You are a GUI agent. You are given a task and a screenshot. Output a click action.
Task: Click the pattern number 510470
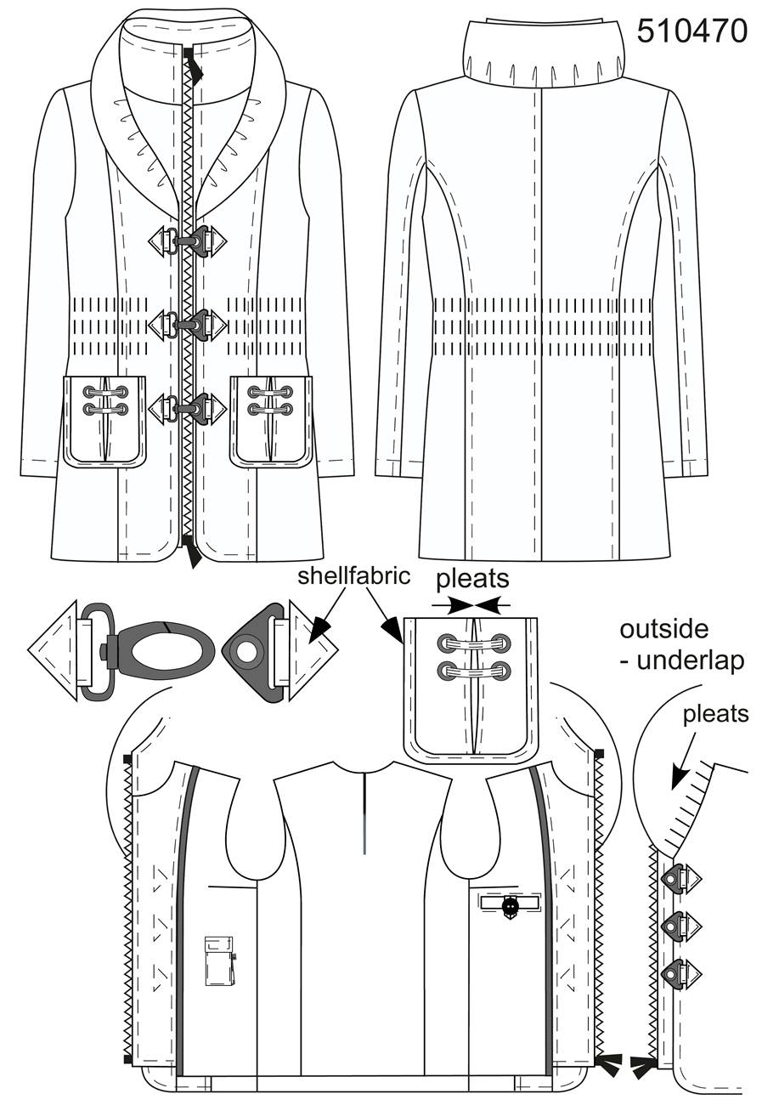click(692, 31)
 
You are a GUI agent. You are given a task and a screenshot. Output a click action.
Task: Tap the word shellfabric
click(354, 575)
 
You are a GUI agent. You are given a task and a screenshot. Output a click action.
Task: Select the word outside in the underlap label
click(664, 630)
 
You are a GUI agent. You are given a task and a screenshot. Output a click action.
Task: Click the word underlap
click(690, 660)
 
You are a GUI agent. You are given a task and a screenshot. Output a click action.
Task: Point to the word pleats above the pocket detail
click(472, 579)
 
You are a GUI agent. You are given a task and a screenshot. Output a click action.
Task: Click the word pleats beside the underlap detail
click(715, 714)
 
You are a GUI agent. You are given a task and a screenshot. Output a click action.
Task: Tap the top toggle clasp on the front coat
click(188, 241)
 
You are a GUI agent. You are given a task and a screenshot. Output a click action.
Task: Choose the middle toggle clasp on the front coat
click(188, 324)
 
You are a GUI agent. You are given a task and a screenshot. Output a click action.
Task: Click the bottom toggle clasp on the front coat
click(188, 408)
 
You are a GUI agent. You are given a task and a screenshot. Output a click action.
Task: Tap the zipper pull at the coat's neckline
click(193, 64)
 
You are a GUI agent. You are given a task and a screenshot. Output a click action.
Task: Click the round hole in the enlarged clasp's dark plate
click(246, 652)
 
